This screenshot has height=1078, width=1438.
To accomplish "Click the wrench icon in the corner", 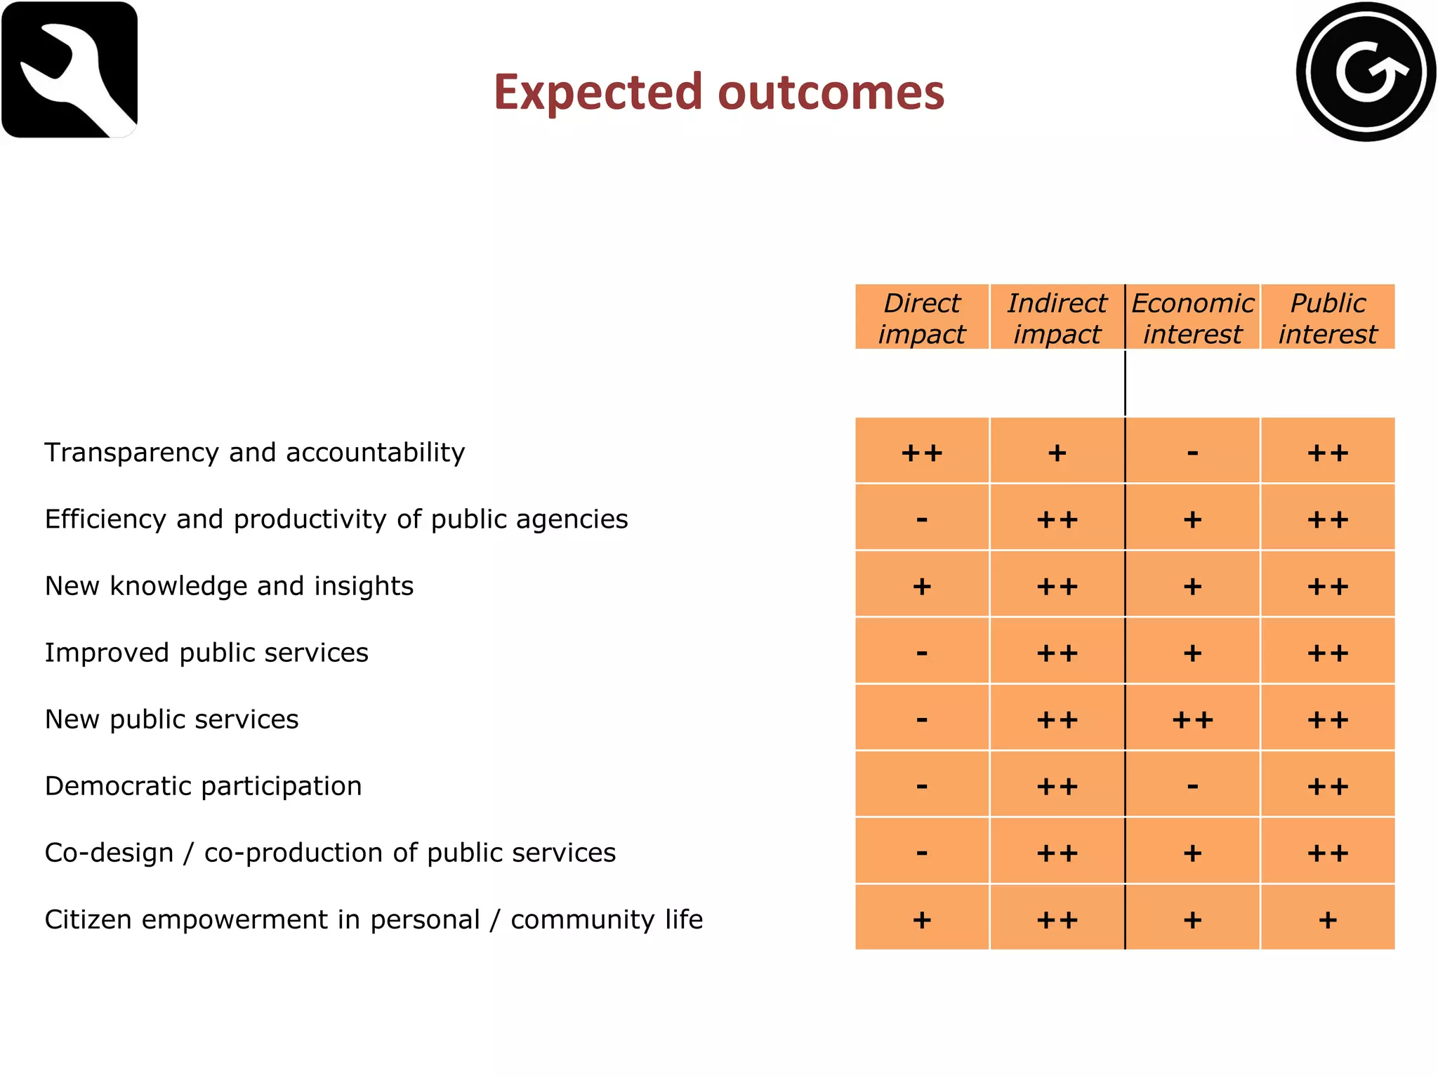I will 70,69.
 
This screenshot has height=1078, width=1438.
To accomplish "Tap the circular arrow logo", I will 1366,72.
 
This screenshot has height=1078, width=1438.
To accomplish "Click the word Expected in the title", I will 598,92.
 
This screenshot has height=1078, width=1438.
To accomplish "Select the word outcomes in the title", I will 831,92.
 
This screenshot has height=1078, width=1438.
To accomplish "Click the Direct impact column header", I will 922,318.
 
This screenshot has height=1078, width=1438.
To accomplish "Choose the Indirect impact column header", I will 1057,318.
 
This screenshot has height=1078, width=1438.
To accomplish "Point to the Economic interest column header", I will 1192,318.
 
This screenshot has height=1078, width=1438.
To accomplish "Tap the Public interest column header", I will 1328,318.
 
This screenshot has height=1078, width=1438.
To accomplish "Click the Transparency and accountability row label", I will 255,453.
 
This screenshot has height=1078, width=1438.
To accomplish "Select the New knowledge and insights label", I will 229,586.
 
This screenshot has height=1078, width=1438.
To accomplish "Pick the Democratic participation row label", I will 204,786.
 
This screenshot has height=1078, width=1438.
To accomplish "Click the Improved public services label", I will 206,653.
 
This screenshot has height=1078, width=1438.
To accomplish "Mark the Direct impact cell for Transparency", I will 922,452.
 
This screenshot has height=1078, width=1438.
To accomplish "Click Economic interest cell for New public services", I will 1192,719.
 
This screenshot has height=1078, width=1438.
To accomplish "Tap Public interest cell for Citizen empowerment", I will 1328,919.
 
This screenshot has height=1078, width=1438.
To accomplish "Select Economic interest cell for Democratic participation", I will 1192,785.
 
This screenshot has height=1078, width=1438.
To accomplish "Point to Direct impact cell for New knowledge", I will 922,585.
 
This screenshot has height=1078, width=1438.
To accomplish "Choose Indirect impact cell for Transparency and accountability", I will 1057,452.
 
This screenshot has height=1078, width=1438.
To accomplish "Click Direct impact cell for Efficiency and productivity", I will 922,519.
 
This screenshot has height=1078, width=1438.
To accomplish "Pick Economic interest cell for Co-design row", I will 1192,852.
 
